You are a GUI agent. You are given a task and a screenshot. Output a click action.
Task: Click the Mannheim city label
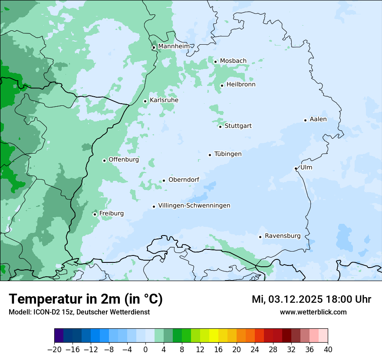click(174, 46)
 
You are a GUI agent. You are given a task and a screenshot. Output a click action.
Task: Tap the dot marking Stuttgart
click(220, 127)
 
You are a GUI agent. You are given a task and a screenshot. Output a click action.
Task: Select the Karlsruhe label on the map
click(164, 100)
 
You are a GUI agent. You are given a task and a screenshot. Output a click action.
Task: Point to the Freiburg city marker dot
click(95, 214)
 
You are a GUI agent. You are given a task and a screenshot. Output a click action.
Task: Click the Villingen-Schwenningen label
click(194, 206)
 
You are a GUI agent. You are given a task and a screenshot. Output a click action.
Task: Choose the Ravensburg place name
click(282, 236)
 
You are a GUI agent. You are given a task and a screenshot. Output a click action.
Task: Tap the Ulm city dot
click(296, 169)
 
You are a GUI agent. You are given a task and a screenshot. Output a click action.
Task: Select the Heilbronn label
click(241, 85)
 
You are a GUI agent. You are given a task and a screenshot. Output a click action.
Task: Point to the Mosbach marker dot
click(215, 62)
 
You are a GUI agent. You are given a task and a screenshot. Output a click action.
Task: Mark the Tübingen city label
click(228, 154)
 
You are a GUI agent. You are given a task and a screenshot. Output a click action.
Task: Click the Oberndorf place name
click(184, 180)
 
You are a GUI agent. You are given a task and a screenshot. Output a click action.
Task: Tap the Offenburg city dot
click(104, 160)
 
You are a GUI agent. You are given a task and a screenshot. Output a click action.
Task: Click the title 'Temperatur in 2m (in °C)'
click(86, 299)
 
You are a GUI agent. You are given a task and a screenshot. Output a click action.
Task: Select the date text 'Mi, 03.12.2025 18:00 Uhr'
click(311, 299)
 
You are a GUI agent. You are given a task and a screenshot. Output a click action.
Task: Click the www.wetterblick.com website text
click(313, 312)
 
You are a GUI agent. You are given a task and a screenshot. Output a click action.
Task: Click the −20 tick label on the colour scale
click(54, 350)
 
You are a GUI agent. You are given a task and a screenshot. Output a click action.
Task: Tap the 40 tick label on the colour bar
click(328, 350)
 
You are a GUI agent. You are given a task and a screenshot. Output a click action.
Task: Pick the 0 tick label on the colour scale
click(145, 350)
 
